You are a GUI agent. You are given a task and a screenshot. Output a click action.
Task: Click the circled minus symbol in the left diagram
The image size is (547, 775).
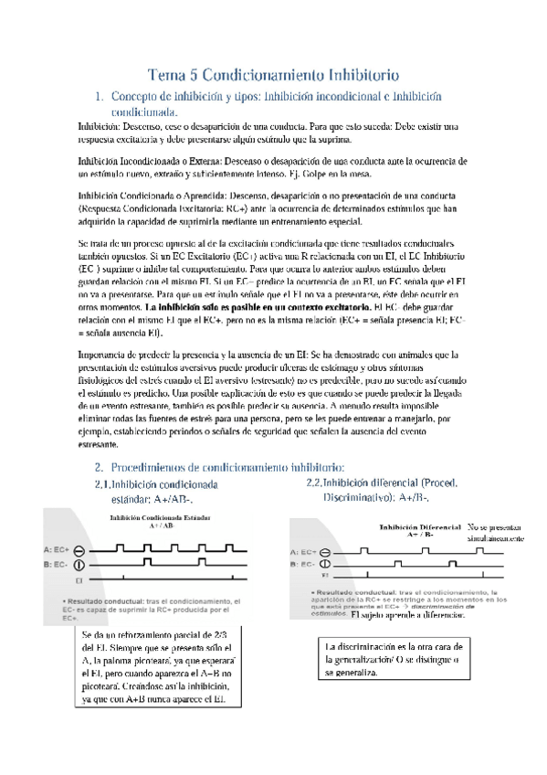coord(80,550)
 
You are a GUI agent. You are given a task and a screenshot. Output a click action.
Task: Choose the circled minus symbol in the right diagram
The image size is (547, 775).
coord(328,552)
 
